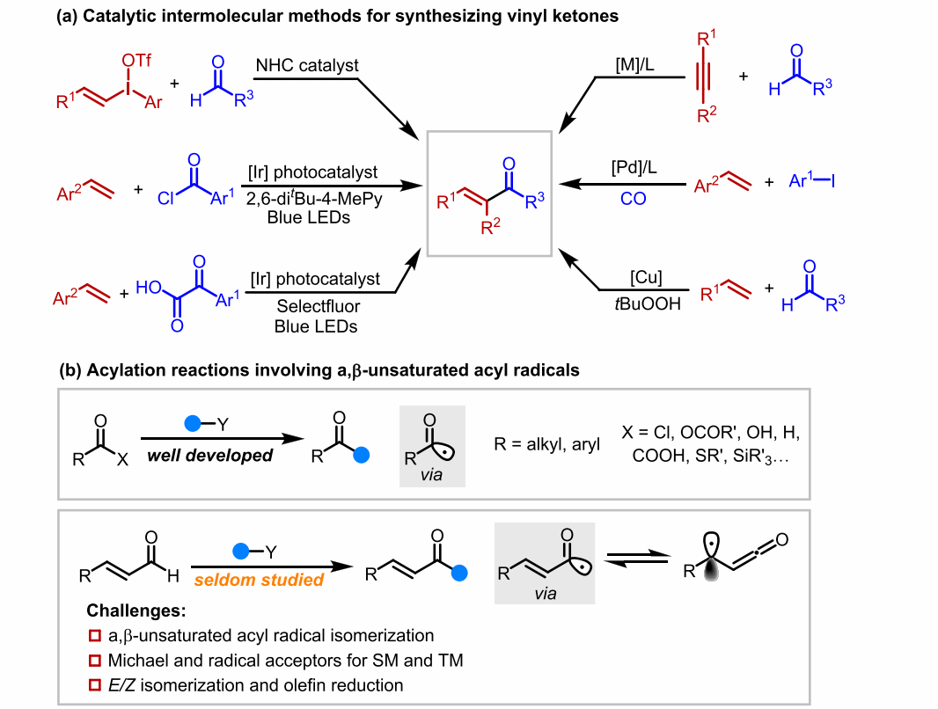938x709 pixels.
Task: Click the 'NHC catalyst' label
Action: pos(307,65)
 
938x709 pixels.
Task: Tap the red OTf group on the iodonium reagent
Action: pos(136,61)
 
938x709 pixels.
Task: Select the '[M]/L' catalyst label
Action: pos(634,64)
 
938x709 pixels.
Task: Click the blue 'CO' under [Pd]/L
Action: pos(633,199)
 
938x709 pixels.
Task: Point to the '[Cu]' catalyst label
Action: pos(646,277)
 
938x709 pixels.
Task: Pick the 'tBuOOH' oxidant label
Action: pos(648,303)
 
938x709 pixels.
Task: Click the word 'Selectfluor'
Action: pos(319,306)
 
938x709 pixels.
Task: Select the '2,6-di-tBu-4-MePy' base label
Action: pos(314,198)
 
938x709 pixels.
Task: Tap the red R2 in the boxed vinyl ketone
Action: pos(490,227)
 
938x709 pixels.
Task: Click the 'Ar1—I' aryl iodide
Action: pos(812,180)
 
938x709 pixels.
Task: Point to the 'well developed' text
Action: pos(210,456)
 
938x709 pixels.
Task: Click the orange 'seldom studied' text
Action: pos(259,580)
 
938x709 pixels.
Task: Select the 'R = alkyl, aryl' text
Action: pos(546,444)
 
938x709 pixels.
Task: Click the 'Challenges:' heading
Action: pos(136,610)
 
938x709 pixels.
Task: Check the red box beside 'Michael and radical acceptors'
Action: pos(94,661)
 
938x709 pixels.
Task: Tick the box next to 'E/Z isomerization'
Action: pos(94,685)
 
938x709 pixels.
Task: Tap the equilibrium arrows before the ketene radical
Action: pos(638,559)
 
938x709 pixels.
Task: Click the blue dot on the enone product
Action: pos(458,574)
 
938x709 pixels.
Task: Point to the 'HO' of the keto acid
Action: pos(149,288)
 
